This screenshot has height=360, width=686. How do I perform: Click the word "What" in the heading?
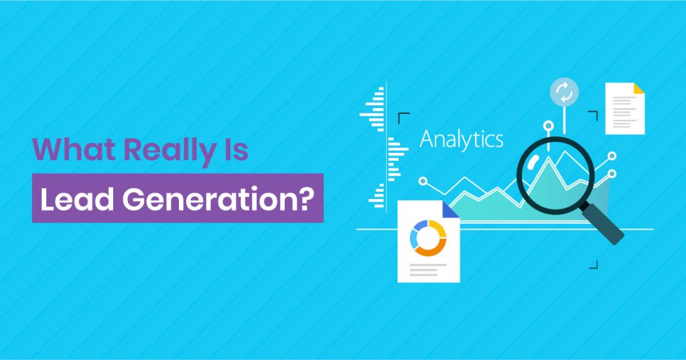[63, 150]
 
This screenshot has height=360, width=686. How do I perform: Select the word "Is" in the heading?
[236, 150]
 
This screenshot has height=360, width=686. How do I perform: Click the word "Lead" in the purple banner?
[72, 198]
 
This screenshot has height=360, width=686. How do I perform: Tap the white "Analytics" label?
[461, 139]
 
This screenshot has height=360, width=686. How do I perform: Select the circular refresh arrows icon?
[563, 93]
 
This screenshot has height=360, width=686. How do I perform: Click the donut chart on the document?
[428, 238]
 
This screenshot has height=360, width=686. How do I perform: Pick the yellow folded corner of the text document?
[638, 88]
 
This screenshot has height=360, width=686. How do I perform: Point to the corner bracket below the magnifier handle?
[592, 263]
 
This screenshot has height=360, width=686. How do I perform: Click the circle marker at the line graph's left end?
[423, 180]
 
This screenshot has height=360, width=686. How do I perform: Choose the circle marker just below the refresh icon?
[549, 125]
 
